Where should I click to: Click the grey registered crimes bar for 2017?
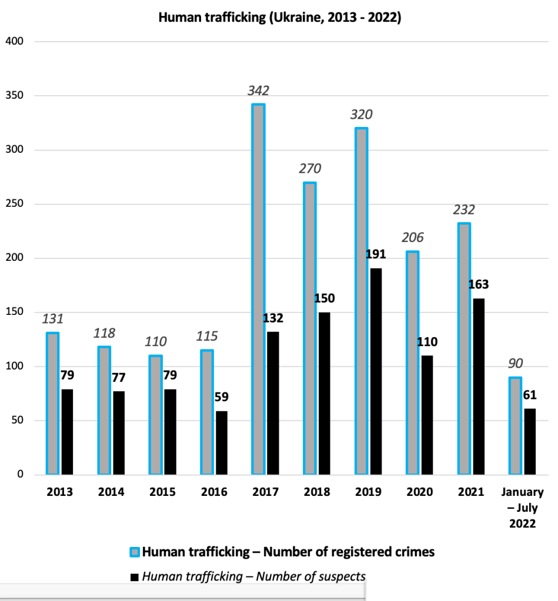[259, 289]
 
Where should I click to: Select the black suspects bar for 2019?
[376, 371]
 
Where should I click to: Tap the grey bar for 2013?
[53, 404]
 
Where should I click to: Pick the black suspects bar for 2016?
[221, 442]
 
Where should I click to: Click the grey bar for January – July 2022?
[515, 426]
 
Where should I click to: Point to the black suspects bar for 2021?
[479, 387]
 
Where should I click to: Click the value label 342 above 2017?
[258, 91]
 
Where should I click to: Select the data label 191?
[376, 254]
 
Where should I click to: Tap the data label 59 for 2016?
[221, 397]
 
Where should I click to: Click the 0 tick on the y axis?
[19, 475]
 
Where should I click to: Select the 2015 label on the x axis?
[163, 492]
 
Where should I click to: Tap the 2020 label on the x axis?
[420, 492]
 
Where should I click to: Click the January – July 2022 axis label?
[523, 507]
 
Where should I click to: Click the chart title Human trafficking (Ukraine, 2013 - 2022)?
[280, 18]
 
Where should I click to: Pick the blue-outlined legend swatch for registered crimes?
[135, 552]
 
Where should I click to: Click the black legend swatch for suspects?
[135, 578]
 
